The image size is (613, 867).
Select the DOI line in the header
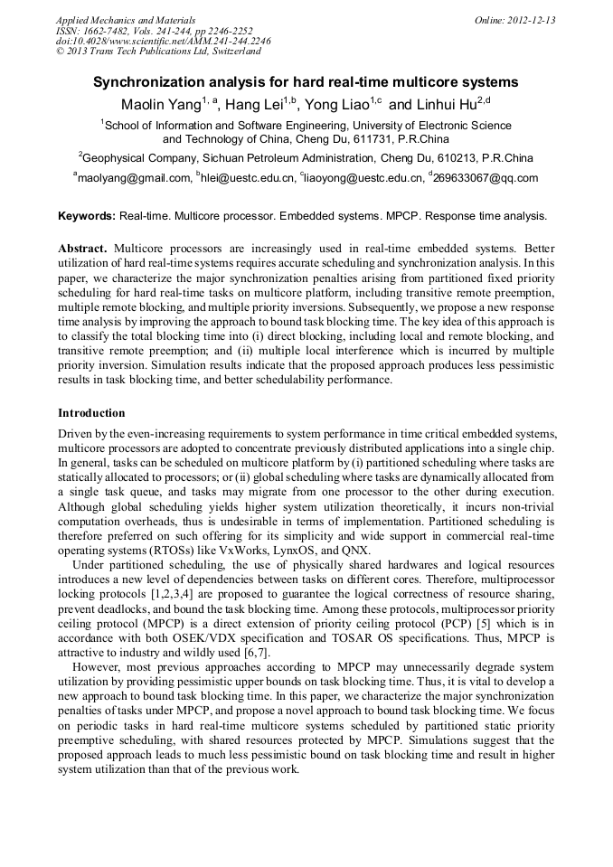coord(163,41)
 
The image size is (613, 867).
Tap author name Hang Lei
coord(254,105)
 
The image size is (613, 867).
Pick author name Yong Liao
coord(336,105)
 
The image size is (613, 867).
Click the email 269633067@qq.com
coord(486,178)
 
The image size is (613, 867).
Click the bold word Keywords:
coord(87,216)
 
